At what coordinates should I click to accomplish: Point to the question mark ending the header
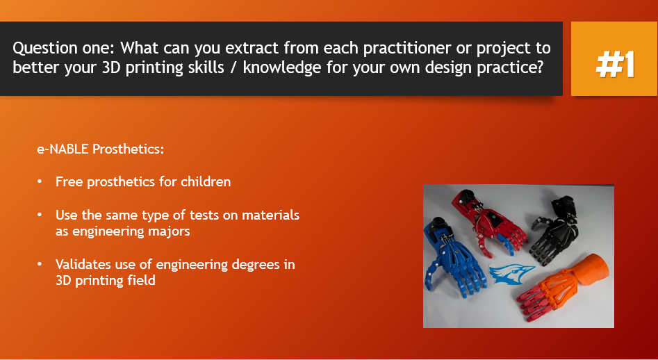click(540, 67)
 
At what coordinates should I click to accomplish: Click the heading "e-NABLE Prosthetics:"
click(101, 149)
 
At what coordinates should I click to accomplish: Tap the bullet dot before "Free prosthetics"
click(40, 181)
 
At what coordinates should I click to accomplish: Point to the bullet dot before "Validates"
click(40, 264)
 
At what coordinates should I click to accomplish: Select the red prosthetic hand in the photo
click(492, 222)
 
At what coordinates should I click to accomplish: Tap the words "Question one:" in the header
click(63, 48)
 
